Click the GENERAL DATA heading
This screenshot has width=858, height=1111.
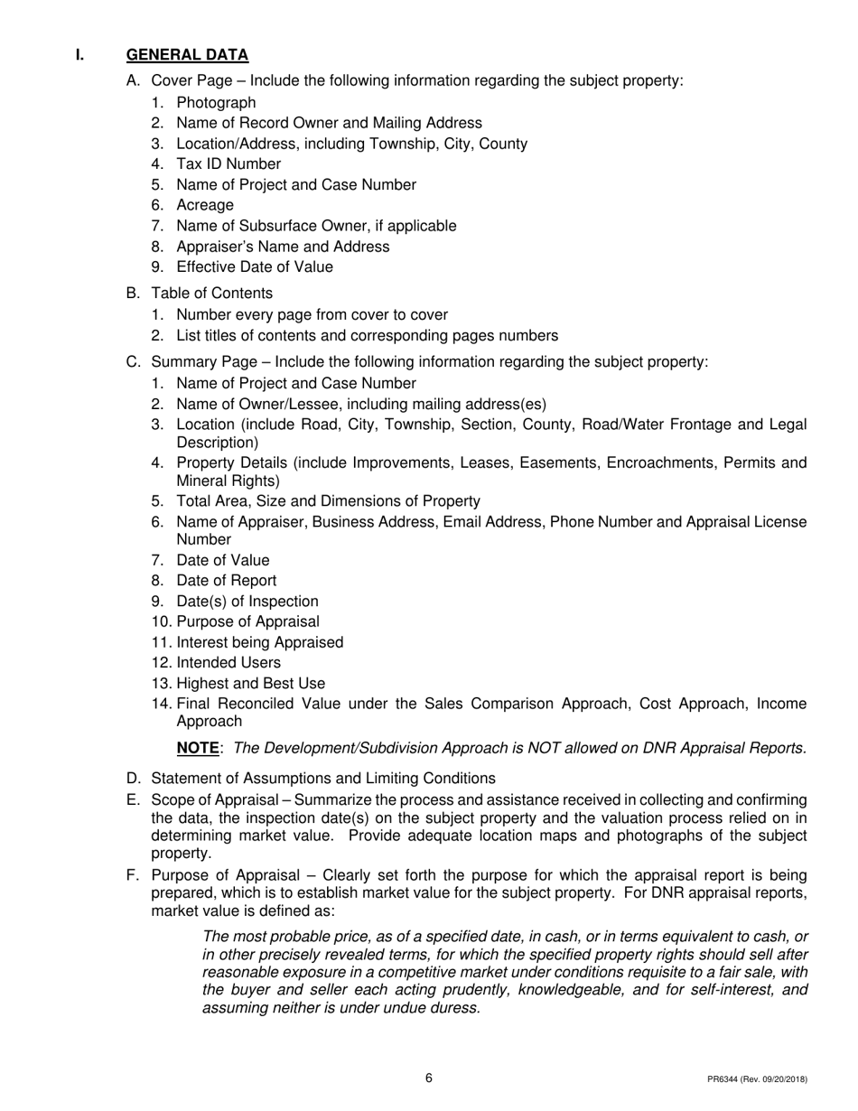click(187, 55)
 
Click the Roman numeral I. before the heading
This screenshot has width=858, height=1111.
click(79, 55)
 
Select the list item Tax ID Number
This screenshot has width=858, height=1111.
click(228, 164)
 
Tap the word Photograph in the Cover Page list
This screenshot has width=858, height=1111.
click(216, 103)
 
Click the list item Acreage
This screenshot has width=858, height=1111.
click(205, 206)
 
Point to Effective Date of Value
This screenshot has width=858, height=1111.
click(255, 267)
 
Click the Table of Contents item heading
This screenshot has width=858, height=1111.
click(211, 294)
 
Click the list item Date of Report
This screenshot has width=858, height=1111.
click(227, 581)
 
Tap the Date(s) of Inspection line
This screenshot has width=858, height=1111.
click(247, 602)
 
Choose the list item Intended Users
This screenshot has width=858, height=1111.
click(228, 663)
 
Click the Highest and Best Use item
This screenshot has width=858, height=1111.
click(251, 684)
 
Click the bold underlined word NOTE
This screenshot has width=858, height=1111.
click(198, 749)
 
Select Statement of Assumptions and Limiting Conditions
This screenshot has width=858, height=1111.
click(323, 779)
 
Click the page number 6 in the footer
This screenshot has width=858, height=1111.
click(429, 1078)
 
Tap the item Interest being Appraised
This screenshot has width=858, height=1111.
click(260, 643)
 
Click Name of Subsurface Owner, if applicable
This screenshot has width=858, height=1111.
click(316, 226)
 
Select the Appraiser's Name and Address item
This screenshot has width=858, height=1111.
click(283, 247)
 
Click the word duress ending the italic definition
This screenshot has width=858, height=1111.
click(454, 1009)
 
